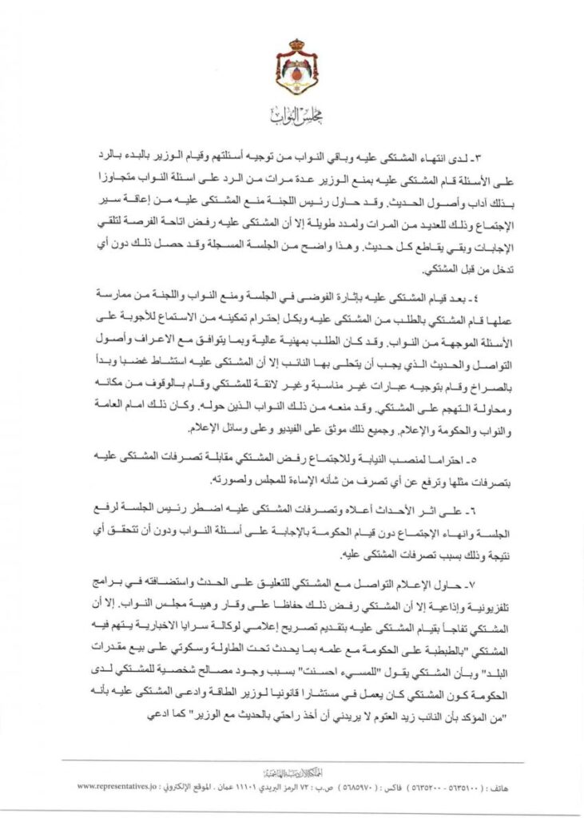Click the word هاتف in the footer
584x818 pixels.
(474, 785)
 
